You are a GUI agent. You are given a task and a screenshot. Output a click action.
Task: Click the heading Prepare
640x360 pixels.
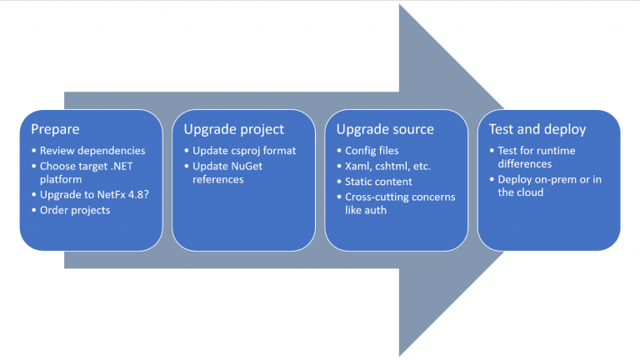click(x=56, y=129)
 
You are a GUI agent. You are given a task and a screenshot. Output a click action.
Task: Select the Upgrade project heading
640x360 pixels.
click(x=234, y=129)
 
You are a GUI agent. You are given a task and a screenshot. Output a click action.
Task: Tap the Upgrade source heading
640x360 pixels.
click(x=385, y=129)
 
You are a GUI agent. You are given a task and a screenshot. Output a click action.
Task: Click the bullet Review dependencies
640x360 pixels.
click(x=92, y=151)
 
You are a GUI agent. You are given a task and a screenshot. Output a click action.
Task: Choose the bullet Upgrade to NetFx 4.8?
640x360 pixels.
click(x=92, y=194)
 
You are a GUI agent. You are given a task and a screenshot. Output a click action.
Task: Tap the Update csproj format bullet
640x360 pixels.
click(x=241, y=151)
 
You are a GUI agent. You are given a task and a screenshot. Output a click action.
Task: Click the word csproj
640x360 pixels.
click(x=247, y=151)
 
